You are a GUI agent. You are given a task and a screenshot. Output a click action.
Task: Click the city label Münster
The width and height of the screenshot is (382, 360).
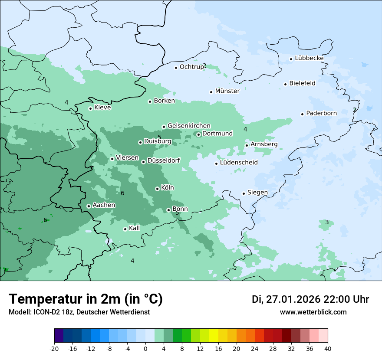coord(227,91)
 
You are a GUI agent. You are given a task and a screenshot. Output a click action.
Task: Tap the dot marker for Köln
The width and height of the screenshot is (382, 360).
coord(157,189)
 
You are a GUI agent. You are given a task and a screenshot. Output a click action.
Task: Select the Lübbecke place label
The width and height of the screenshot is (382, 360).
coord(309,58)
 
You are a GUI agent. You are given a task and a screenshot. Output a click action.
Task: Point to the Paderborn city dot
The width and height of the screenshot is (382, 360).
coord(302,114)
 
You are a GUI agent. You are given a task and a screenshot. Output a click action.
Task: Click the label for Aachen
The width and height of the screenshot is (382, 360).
coord(104,205)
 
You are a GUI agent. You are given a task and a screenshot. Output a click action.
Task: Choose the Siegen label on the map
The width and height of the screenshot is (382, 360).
coord(257,193)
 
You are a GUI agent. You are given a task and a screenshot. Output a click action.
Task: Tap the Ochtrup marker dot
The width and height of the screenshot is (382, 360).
coord(176,68)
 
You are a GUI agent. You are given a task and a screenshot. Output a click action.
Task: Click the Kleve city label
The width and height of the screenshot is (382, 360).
coord(102,108)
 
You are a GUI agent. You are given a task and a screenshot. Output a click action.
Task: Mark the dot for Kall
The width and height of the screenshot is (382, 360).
coord(125,229)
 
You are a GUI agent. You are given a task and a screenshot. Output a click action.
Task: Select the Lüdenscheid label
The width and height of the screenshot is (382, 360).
coord(239,163)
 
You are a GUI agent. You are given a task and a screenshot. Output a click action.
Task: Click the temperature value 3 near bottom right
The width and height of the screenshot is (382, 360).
coord(327,223)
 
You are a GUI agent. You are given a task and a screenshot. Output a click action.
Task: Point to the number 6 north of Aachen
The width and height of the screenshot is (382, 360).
coord(122,193)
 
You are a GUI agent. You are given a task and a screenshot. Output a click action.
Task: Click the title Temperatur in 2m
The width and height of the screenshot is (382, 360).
coord(86,299)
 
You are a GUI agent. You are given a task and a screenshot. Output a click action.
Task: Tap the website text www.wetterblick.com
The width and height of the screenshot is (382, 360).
coord(313,312)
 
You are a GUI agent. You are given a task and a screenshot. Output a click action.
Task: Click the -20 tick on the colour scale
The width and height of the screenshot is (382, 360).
coord(54,348)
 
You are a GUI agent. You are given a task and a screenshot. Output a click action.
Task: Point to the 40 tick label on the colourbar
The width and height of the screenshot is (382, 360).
coord(328,348)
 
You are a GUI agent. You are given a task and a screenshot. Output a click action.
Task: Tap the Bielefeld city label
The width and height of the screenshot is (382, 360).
coord(302,83)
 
